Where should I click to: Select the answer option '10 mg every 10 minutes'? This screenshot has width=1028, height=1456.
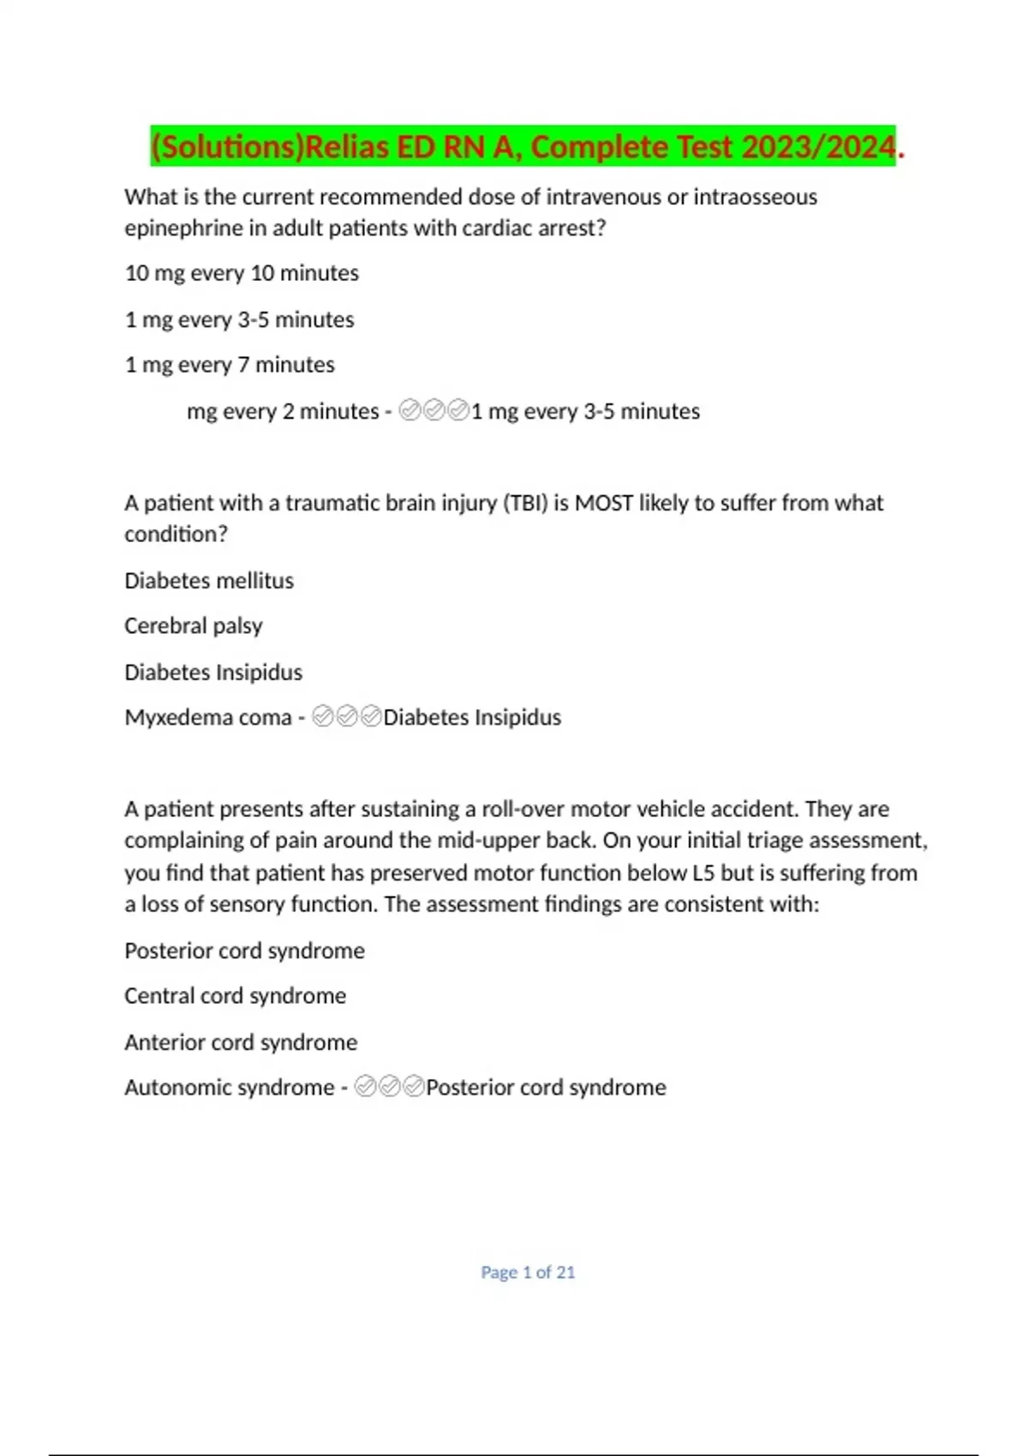pos(242,273)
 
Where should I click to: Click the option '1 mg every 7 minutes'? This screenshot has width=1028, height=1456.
pos(230,365)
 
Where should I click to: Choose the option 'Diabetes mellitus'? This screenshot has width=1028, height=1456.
pos(209,581)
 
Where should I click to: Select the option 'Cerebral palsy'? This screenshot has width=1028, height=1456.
pos(194,626)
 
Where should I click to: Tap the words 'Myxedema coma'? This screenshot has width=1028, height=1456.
pos(208,718)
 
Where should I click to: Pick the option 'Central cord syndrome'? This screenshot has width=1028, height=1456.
pos(236,996)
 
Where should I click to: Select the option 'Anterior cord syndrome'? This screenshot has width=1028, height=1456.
pos(241,1042)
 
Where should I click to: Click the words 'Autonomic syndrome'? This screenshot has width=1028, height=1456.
pos(230,1088)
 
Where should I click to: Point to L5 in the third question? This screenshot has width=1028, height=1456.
pos(702,873)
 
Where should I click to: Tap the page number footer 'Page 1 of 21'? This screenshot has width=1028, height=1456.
pos(528,1273)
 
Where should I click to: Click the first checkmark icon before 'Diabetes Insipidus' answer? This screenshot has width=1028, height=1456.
pos(323,717)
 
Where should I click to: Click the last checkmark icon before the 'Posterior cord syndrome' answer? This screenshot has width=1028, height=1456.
pos(414,1087)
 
